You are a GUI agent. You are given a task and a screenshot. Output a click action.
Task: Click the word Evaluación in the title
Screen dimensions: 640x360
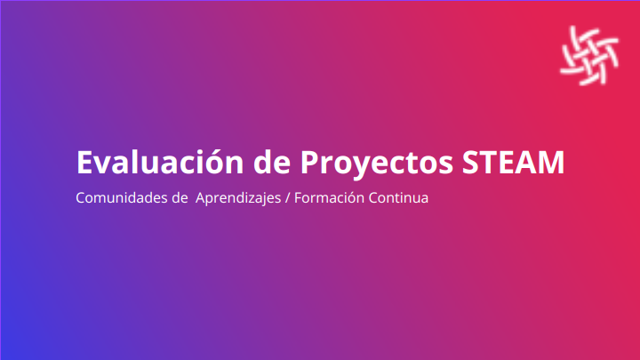tap(160, 162)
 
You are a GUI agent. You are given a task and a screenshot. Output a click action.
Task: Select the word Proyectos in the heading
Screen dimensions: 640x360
tap(376, 164)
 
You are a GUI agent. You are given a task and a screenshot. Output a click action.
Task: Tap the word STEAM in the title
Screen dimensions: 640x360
tap(513, 163)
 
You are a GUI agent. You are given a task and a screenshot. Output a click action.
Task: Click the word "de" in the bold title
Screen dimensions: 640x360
tap(272, 162)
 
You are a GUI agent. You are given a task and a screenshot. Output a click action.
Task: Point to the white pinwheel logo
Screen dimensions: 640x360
tap(589, 55)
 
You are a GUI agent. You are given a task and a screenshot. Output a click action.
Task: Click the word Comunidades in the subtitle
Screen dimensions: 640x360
tap(122, 197)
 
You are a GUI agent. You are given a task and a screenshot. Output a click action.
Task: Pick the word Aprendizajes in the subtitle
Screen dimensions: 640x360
tap(238, 198)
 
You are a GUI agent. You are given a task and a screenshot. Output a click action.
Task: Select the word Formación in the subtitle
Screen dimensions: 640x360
tap(329, 197)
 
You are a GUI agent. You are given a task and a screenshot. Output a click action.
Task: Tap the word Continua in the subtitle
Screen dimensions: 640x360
tap(398, 197)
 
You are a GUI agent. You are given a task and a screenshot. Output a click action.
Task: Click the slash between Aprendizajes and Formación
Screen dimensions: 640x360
tap(287, 198)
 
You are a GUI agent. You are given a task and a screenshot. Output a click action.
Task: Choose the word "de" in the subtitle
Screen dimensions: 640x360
tap(180, 197)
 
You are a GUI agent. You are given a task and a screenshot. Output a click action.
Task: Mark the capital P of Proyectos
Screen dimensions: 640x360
tap(310, 163)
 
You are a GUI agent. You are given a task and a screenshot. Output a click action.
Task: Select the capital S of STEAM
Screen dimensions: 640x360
tap(470, 163)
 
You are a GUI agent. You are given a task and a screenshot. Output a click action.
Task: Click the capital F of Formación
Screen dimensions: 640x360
tap(299, 197)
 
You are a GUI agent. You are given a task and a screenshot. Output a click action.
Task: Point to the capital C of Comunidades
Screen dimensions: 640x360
tap(81, 197)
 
